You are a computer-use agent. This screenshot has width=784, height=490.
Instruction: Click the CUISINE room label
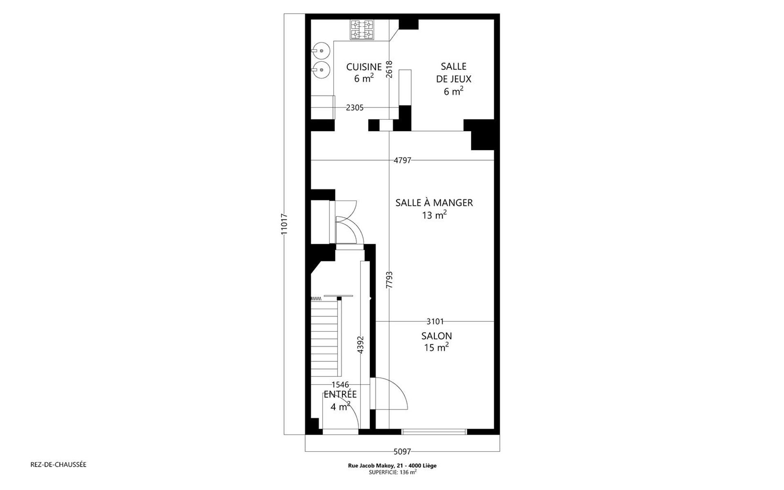point(364,67)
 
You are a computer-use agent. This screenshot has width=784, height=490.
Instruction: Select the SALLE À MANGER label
point(434,203)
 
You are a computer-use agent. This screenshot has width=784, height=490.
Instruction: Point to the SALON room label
point(437,336)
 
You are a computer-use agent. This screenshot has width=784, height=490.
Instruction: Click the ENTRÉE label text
point(340,394)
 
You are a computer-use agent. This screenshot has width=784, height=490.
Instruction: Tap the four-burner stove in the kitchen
point(362,30)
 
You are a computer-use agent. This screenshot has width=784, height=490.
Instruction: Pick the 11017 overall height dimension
point(285,224)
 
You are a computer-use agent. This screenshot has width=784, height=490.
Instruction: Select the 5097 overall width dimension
point(402,452)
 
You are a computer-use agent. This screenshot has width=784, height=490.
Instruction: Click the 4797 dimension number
point(402,160)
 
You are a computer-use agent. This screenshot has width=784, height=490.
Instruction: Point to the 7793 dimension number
point(389,280)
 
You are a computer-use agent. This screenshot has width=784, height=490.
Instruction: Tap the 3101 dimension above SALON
point(435,322)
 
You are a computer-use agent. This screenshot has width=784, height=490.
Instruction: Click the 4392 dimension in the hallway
point(360,345)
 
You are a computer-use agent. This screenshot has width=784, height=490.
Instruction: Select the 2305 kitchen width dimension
point(354,108)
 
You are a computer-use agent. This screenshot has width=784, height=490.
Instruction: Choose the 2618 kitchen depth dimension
point(389,69)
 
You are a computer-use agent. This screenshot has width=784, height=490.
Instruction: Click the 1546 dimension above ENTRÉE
point(340,385)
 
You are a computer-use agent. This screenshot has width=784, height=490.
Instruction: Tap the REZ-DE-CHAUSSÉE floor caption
point(58,465)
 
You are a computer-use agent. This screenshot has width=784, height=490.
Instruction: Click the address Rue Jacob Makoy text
point(392,465)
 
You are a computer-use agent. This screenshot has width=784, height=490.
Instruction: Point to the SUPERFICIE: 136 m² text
point(392,472)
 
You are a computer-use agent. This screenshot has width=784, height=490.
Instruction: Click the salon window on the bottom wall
point(434,432)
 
